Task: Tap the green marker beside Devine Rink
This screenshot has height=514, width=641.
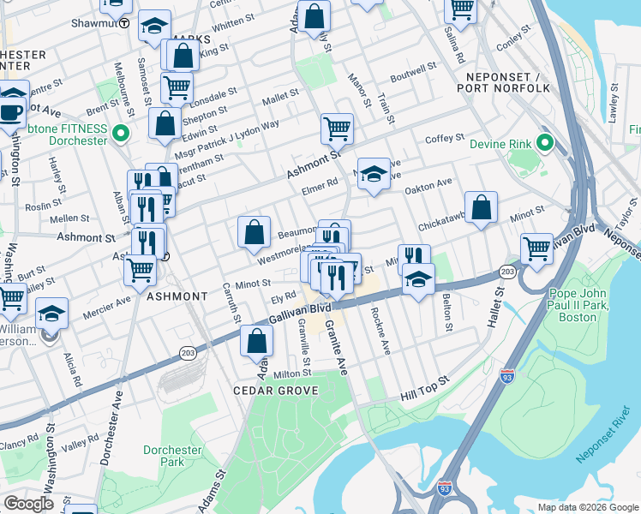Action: tap(544, 142)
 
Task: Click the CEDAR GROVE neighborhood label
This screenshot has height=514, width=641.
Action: tap(276, 391)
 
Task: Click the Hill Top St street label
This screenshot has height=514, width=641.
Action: tap(424, 390)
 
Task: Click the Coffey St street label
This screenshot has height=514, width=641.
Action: tap(445, 138)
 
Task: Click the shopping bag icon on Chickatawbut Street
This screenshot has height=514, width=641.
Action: tap(482, 207)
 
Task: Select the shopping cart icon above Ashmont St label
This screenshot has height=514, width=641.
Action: tap(338, 128)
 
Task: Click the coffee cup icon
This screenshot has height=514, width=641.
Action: tap(10, 111)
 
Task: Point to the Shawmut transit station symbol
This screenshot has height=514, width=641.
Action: tap(125, 23)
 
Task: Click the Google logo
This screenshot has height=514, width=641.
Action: tap(29, 504)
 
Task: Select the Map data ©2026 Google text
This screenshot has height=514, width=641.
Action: tap(588, 507)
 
